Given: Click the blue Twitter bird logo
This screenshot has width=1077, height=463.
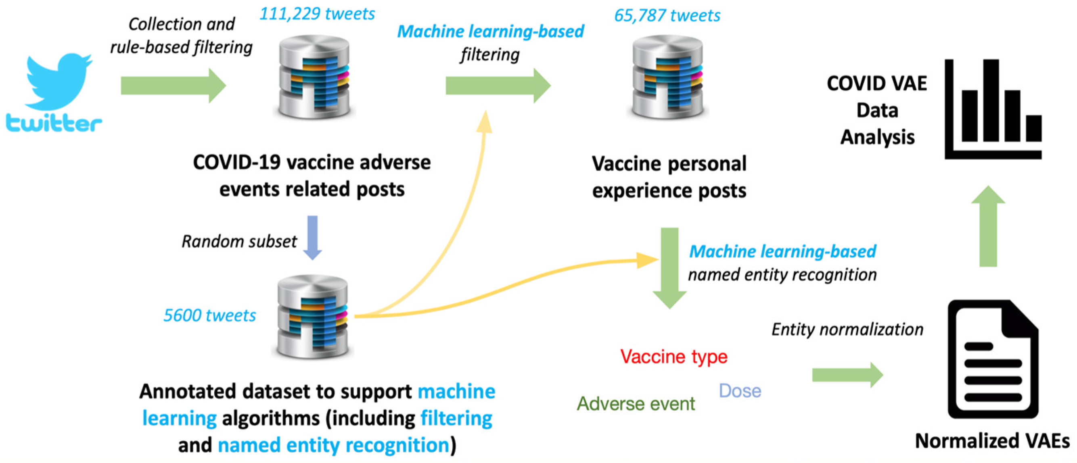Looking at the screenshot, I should point(58,81).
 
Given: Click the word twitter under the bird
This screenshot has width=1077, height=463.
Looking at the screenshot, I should point(54,124).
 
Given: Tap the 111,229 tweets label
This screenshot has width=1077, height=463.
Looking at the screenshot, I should point(317,14).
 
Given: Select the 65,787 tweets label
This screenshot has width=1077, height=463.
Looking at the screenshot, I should point(667,15).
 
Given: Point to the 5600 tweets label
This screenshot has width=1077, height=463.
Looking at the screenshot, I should point(209,315).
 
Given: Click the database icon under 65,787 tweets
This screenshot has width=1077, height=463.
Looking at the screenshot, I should point(668,77).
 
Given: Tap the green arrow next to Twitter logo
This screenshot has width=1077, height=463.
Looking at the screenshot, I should point(173,86).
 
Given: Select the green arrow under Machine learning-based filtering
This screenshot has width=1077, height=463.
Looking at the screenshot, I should point(498,86).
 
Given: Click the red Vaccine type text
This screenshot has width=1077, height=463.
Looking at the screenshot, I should point(673,357).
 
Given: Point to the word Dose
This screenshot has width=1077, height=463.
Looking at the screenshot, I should point(740,391).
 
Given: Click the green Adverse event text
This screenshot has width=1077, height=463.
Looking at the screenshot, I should point(636,404).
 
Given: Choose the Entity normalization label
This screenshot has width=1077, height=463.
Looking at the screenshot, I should point(847,329).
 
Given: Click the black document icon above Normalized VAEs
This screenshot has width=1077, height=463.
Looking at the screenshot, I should point(993,359).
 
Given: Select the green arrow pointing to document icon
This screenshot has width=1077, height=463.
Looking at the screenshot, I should point(847,375).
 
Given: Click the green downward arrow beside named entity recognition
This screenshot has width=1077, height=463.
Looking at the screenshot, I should point(669,267).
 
